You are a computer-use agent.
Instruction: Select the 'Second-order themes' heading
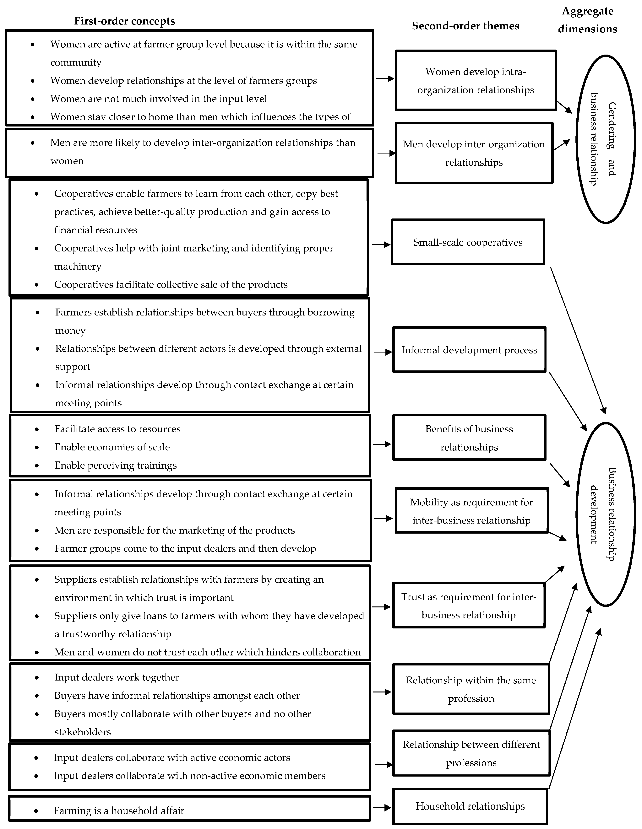465,26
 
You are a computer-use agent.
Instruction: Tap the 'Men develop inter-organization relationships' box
474,153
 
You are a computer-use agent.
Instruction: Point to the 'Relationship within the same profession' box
471,689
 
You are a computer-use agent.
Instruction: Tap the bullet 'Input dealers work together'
117,677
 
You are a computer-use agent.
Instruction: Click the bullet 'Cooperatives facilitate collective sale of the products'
171,284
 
